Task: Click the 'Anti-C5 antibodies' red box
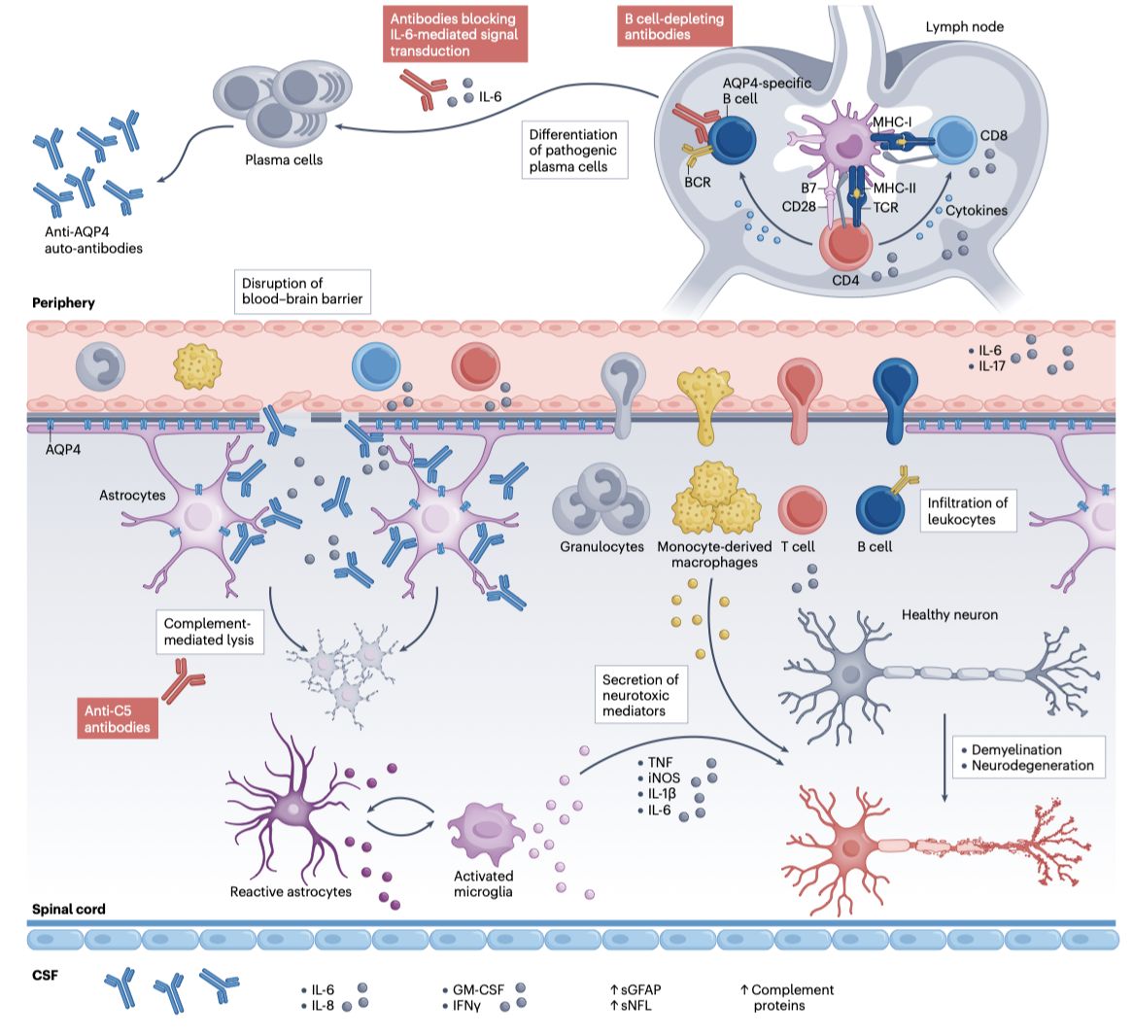click(117, 719)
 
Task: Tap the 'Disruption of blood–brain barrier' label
click(301, 291)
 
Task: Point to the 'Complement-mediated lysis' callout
click(209, 632)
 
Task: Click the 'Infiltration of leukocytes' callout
click(968, 510)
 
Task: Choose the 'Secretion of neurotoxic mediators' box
click(640, 695)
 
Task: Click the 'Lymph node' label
click(964, 26)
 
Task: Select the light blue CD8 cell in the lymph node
click(956, 142)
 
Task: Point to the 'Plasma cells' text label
click(284, 159)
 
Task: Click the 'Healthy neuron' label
click(949, 614)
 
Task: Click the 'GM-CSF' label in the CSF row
click(478, 990)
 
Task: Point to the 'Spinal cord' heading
click(69, 910)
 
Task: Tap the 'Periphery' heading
click(64, 302)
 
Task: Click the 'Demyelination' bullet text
click(1016, 749)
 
